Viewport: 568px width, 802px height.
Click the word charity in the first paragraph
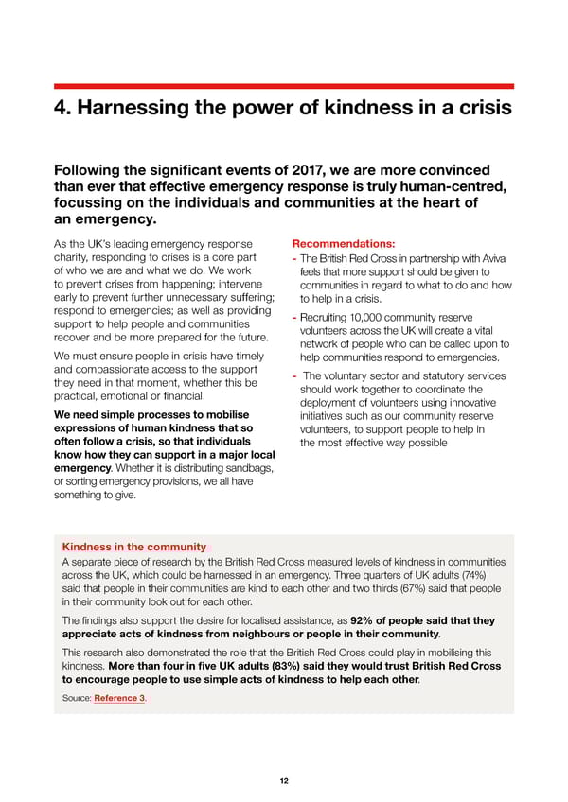76,259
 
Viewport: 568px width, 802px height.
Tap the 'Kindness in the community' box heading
133,547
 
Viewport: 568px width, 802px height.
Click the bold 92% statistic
365,620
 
